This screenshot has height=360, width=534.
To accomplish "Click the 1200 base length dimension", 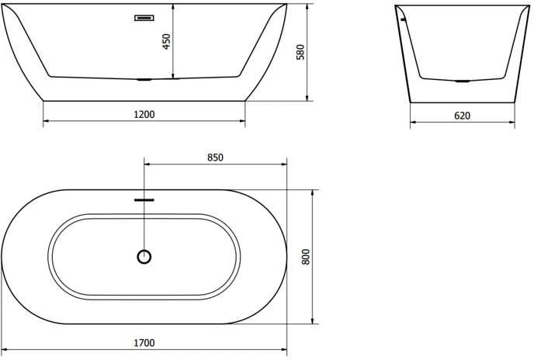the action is click(x=144, y=114).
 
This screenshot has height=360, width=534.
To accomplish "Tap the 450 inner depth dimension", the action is click(x=166, y=42).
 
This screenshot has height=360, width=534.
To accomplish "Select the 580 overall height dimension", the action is click(x=300, y=52).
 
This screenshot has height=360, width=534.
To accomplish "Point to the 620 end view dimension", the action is click(x=462, y=116).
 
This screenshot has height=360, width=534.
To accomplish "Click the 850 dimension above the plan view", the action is click(x=215, y=157).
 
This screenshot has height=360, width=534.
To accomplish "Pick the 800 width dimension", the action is click(x=306, y=257).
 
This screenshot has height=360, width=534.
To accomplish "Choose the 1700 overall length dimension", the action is click(x=144, y=343).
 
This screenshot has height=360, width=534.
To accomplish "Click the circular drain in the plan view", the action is click(x=144, y=257).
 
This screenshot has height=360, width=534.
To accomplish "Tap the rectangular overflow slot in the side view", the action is click(x=144, y=18).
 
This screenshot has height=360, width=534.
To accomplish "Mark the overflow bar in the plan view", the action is click(x=144, y=200).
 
